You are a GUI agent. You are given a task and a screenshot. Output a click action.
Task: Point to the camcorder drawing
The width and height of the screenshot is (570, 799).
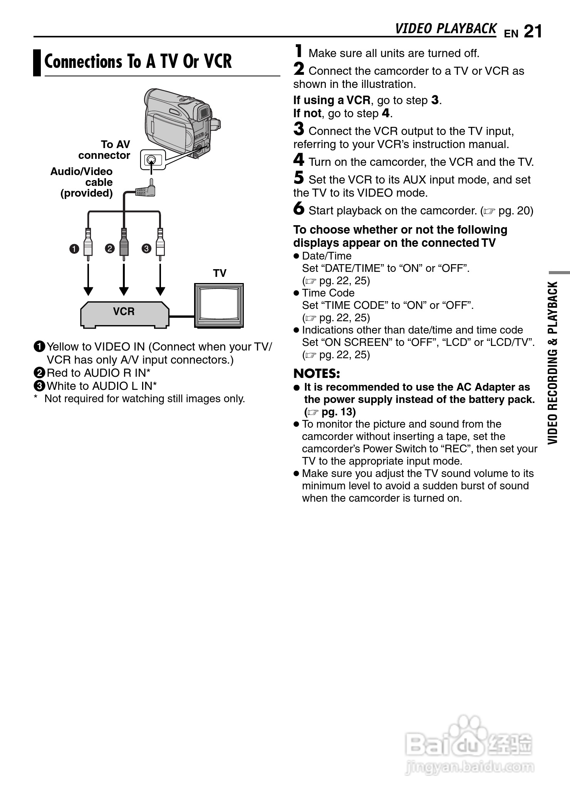179,121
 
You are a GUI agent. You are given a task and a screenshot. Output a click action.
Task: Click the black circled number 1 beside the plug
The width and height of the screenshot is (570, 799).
74,249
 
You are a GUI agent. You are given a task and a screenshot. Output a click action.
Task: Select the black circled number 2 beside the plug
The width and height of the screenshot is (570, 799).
110,248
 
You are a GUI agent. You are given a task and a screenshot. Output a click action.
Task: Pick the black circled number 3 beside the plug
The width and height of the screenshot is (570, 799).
146,248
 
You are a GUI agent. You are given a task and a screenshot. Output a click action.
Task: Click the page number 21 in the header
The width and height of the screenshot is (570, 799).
533,32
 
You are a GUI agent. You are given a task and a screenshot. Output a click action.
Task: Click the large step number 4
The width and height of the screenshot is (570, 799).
298,160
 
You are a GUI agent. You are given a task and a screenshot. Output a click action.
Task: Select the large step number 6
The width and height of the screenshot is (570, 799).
298,209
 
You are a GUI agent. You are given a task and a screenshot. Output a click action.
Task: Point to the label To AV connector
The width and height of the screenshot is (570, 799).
105,150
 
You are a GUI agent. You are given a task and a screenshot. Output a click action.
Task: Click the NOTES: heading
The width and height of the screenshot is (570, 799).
317,374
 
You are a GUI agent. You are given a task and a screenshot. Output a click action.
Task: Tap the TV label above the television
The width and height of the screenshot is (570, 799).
220,273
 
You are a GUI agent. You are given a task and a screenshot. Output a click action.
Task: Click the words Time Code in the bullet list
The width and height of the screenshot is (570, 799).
328,293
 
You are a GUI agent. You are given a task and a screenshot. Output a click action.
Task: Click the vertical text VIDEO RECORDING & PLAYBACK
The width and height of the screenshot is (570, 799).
553,362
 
